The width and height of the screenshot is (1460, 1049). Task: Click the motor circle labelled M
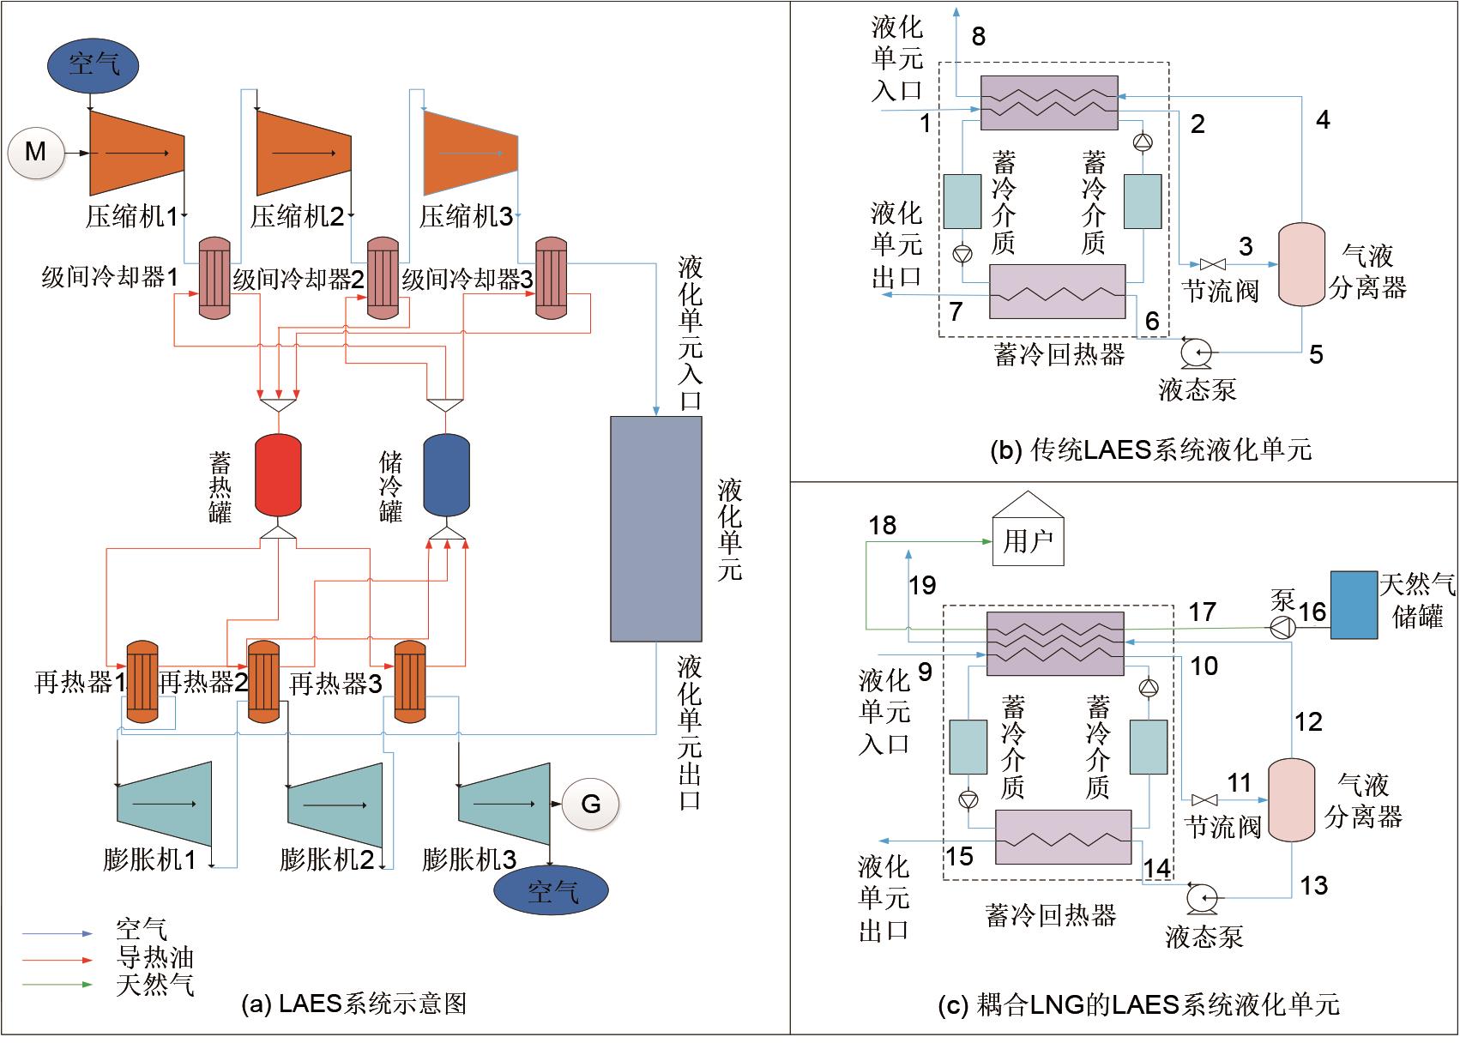tap(36, 153)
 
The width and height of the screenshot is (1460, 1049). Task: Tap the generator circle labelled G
tap(590, 804)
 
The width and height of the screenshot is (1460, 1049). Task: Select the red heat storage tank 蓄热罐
tap(278, 475)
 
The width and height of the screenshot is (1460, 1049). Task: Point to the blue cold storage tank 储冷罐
tap(446, 475)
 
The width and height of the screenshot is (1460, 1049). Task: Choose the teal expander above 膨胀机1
tap(164, 804)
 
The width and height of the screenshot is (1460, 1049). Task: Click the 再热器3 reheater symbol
tap(410, 682)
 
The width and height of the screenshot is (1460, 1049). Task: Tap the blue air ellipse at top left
tap(92, 63)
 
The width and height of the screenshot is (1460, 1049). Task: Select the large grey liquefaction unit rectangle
tap(656, 529)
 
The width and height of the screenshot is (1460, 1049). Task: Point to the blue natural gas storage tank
tap(1354, 605)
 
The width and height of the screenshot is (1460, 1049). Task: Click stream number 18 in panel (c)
tap(883, 525)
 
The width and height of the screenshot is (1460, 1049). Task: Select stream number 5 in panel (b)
tap(1316, 354)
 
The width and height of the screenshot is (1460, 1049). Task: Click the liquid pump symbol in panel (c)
tap(1198, 897)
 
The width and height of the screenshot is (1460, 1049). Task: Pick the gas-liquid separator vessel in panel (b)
tap(1301, 263)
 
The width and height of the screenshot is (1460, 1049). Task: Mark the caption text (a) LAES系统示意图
tap(355, 1004)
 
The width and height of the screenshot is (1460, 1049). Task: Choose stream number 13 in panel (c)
tap(1314, 884)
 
